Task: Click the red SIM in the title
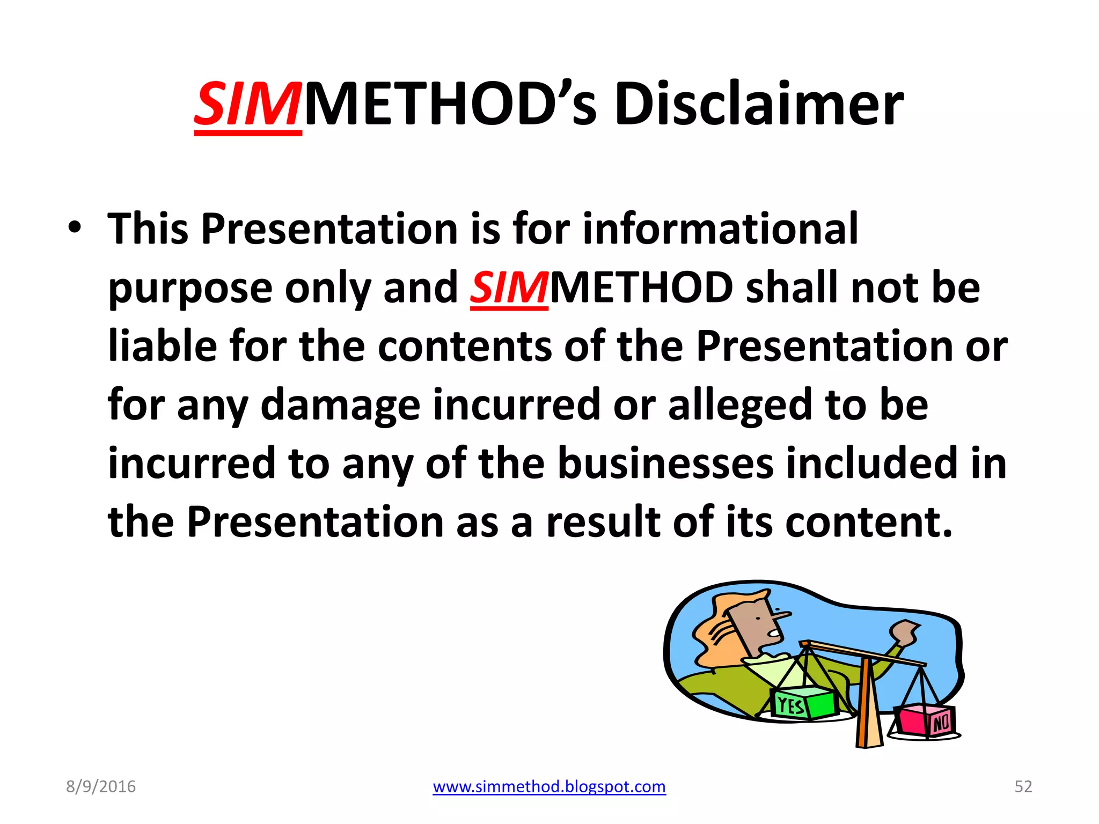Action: click(x=247, y=105)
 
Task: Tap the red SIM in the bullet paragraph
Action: click(x=509, y=288)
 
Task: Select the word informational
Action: click(x=720, y=229)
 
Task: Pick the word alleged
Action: click(x=740, y=405)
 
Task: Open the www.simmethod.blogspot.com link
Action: click(x=549, y=786)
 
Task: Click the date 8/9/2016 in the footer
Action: click(x=101, y=786)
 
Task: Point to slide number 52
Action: click(x=1023, y=786)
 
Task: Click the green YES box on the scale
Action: click(x=803, y=703)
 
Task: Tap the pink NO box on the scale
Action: click(x=926, y=721)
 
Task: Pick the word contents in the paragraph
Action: click(x=465, y=346)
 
